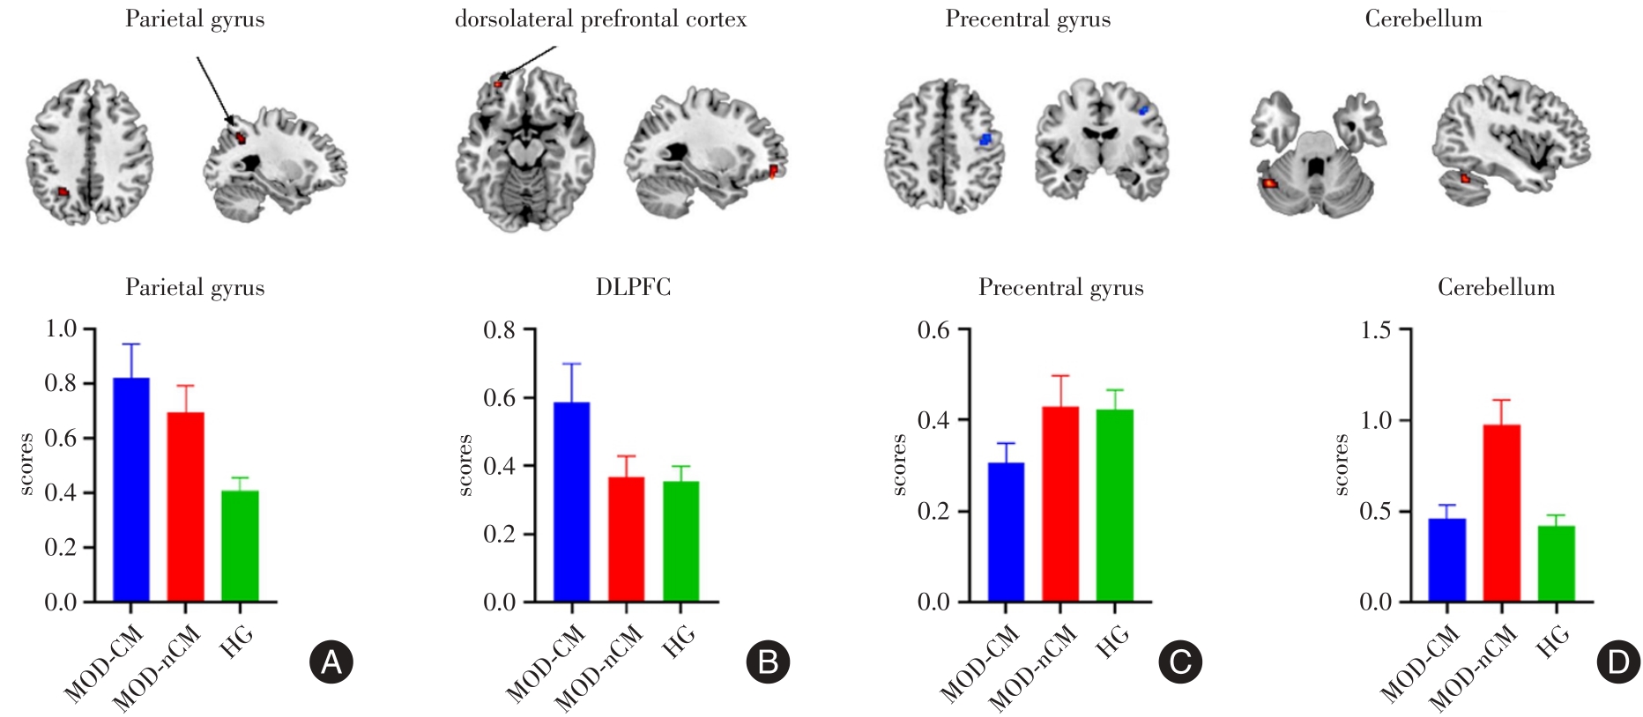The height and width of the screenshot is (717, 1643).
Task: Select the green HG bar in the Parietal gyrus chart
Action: (x=240, y=546)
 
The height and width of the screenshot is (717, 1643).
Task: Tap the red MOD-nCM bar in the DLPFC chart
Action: (x=626, y=539)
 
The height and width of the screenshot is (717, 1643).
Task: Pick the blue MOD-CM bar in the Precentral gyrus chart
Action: (x=1006, y=532)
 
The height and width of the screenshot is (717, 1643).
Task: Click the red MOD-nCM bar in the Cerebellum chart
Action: (x=1501, y=513)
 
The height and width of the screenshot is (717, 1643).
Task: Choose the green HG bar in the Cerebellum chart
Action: (x=1556, y=564)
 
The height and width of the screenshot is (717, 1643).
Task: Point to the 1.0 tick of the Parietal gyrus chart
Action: (x=61, y=329)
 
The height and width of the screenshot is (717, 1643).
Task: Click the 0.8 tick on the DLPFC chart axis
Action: (x=499, y=330)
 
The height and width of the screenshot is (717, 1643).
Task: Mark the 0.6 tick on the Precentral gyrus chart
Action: (x=933, y=330)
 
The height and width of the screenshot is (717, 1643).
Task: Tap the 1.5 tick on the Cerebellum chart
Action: (x=1375, y=330)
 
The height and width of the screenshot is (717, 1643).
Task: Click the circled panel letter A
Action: (x=331, y=662)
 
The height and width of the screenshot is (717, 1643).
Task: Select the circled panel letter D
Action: (x=1618, y=662)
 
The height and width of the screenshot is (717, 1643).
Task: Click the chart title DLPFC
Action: (x=633, y=287)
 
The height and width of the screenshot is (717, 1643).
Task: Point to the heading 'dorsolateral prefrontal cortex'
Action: (x=600, y=19)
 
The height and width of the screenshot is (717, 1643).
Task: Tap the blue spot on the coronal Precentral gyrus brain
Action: (x=1144, y=111)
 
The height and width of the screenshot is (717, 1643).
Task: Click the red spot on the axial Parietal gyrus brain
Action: (x=63, y=191)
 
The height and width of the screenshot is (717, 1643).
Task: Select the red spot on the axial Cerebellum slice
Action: (x=1269, y=183)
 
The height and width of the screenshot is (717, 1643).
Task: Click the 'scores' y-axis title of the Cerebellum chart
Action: (x=1342, y=464)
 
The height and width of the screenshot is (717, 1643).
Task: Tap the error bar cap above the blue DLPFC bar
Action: (x=572, y=364)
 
